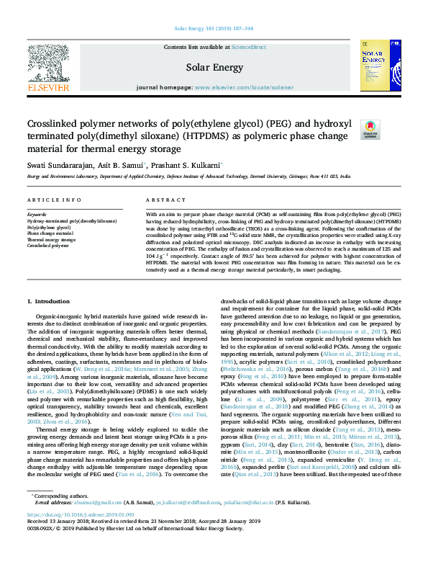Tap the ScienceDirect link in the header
tap(248, 47)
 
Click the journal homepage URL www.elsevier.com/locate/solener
tap(244, 87)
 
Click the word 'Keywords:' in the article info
tap(37, 215)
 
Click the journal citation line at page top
tap(214, 29)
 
